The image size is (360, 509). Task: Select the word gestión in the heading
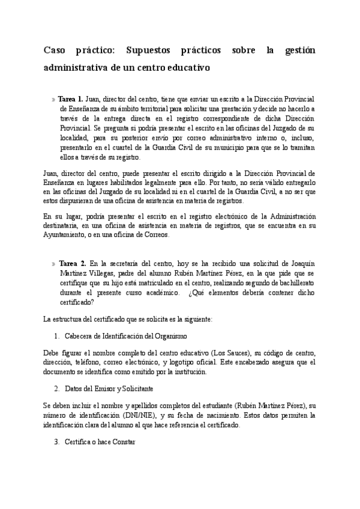[x=295, y=51]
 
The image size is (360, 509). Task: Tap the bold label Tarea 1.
[x=70, y=99]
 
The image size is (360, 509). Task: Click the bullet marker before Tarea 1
[x=53, y=100]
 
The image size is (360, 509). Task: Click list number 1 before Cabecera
[x=56, y=334]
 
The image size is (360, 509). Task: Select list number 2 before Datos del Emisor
[x=56, y=388]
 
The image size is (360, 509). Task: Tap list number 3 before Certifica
[x=56, y=442]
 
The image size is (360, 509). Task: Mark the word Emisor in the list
[x=102, y=388]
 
